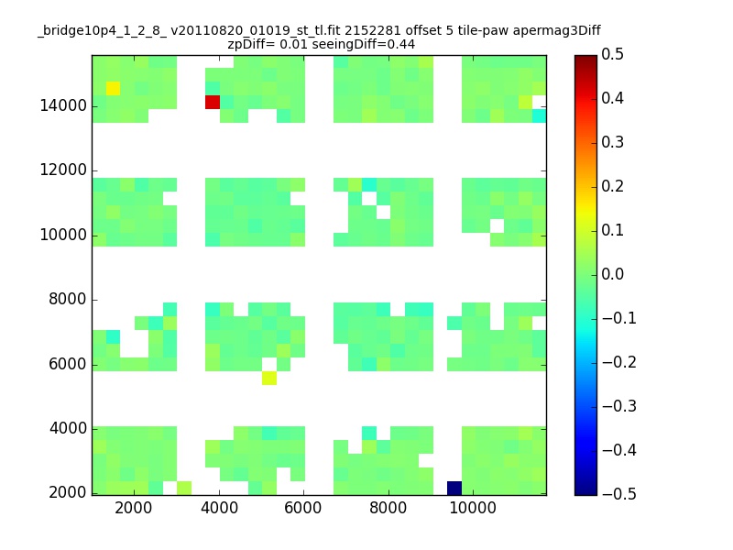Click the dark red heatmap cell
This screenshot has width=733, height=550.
point(213,102)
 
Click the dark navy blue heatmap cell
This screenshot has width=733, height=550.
point(454,488)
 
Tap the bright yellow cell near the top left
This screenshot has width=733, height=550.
point(113,88)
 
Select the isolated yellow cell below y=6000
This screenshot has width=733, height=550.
point(269,378)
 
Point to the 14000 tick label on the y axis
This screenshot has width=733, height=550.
point(63,105)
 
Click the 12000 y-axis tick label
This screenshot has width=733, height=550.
point(63,170)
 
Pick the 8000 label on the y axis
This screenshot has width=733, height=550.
point(68,299)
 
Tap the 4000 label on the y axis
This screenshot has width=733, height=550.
point(68,428)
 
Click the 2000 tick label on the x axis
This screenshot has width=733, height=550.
point(134,508)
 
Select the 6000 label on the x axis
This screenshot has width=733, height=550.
point(303,508)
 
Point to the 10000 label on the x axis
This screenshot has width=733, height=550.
point(473,508)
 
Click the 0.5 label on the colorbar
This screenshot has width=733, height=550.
point(612,54)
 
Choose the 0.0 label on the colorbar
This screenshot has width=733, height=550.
point(612,274)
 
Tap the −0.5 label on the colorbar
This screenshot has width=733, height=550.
point(619,494)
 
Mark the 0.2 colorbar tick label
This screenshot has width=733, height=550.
point(612,186)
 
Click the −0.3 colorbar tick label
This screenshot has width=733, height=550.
point(619,406)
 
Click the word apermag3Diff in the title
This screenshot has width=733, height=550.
point(557,31)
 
